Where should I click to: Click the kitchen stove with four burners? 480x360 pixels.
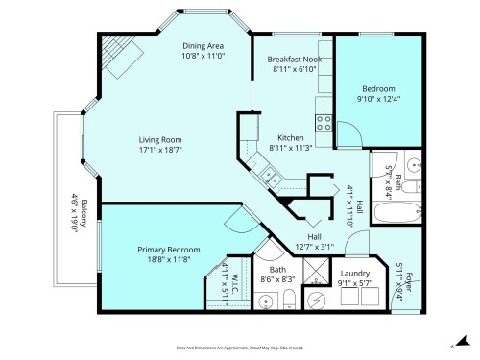coord(324,122)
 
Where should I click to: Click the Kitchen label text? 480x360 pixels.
coord(291,137)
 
